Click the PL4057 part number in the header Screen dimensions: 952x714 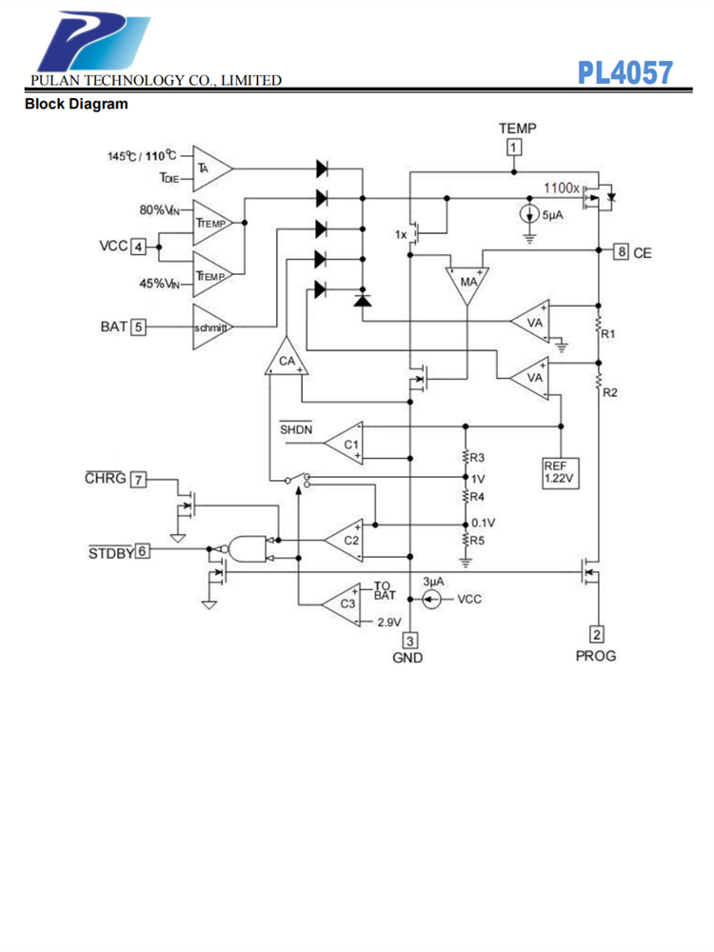click(x=625, y=72)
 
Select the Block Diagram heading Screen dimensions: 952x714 click(x=76, y=104)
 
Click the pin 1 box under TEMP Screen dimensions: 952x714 click(x=514, y=148)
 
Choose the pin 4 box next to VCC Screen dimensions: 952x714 click(x=139, y=247)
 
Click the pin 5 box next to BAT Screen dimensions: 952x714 click(x=139, y=327)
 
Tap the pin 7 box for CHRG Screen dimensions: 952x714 click(x=139, y=479)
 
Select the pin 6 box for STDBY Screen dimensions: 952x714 click(x=143, y=550)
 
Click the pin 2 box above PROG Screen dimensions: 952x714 click(x=597, y=635)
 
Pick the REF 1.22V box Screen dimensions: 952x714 click(x=559, y=473)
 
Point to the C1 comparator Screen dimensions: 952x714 click(x=346, y=444)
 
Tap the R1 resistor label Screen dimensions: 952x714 click(x=609, y=334)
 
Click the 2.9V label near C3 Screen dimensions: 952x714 click(x=388, y=622)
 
